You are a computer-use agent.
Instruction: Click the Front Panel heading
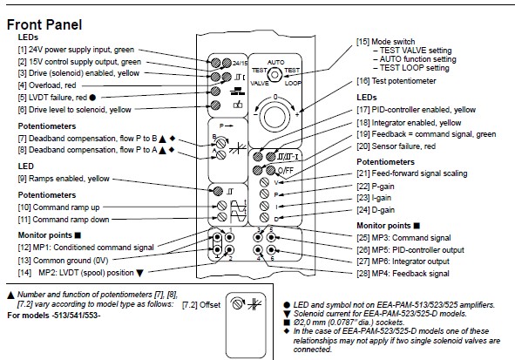pos(44,24)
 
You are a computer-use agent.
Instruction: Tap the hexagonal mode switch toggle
pos(274,75)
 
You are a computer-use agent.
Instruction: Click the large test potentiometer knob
pos(274,117)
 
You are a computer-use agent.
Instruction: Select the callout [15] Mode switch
pos(385,42)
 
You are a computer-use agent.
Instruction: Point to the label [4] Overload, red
pos(47,85)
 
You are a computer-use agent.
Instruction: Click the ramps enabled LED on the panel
pos(218,191)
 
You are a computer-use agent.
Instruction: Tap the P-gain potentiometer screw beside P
pos(264,194)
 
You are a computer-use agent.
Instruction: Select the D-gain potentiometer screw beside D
pos(264,217)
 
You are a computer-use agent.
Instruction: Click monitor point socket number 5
pos(271,237)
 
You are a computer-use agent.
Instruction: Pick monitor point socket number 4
pos(258,250)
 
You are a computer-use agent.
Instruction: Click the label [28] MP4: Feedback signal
pos(403,274)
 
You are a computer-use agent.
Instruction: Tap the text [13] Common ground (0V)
pos(63,261)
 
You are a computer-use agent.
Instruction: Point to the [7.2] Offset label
pos(201,305)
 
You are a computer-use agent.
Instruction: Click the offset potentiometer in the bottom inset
pos(238,304)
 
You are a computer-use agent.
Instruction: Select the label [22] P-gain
pos(376,187)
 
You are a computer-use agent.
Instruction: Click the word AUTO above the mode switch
pos(276,62)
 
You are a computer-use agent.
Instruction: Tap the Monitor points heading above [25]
pos(383,226)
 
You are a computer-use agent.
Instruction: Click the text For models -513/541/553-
pos(54,316)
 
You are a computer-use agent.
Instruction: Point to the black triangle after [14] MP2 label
pos(140,273)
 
